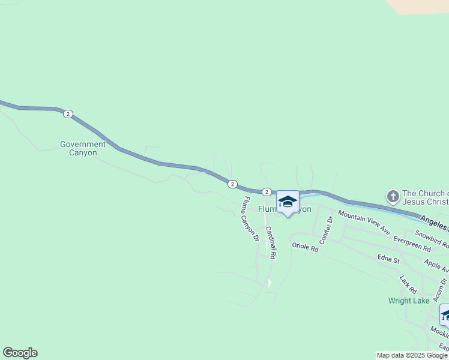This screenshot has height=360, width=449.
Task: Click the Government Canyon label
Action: point(83,148)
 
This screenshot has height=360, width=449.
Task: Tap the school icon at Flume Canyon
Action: point(288,202)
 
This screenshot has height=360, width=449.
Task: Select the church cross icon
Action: point(393,196)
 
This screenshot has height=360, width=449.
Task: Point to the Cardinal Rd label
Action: point(271,242)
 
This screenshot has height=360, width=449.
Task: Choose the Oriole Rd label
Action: point(304,246)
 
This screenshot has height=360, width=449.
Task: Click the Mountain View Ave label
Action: point(364,222)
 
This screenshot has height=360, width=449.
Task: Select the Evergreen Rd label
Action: point(412,244)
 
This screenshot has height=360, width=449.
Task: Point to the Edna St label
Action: point(388,259)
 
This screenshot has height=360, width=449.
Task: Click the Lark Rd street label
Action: point(408,285)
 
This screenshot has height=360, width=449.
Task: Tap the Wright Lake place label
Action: point(409,301)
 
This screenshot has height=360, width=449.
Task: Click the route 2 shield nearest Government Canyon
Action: point(68,114)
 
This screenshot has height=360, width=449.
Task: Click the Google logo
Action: point(20,353)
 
